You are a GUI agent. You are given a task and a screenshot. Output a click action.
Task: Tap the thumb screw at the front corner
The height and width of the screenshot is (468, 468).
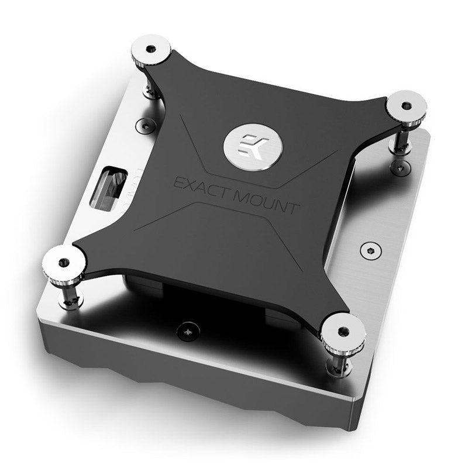(342, 333)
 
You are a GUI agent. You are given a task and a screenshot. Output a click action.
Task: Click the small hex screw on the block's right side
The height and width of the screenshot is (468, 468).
(367, 250)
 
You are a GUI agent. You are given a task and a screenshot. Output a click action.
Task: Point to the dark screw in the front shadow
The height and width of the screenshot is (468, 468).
(188, 331)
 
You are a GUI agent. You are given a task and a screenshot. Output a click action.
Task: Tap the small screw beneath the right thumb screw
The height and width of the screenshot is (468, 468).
(400, 168)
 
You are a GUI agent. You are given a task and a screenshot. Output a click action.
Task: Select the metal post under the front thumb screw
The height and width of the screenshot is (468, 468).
(338, 362)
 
